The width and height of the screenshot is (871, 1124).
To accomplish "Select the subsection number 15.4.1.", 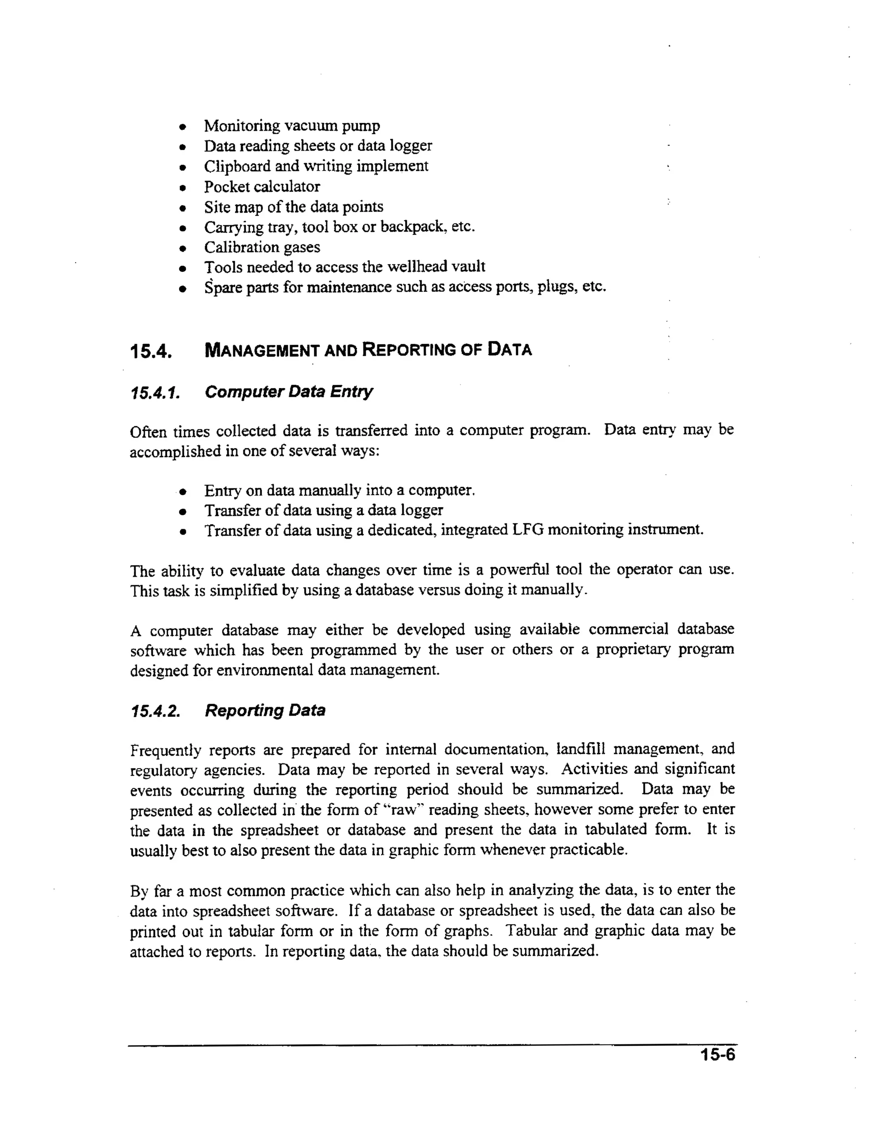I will point(155,393).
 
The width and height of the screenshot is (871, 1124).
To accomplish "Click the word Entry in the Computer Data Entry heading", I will point(351,392).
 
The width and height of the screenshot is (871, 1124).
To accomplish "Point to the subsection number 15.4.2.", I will point(155,712).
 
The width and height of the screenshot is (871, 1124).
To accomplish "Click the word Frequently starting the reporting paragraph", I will point(165,750).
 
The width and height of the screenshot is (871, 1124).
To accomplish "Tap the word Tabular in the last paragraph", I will point(530,930).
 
